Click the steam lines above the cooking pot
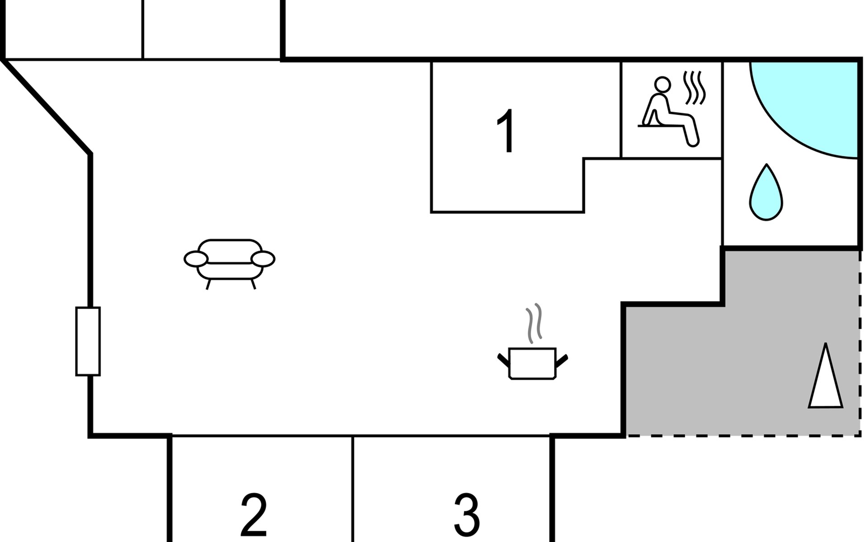pos(533,322)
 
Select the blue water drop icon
pos(766,194)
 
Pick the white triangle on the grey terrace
pos(826,379)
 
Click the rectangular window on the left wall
pos(88,341)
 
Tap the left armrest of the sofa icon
pos(196,259)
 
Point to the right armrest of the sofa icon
pos(263,259)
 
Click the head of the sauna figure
pos(663,84)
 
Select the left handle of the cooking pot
pos(503,360)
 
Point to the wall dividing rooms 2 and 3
pos(353,488)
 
